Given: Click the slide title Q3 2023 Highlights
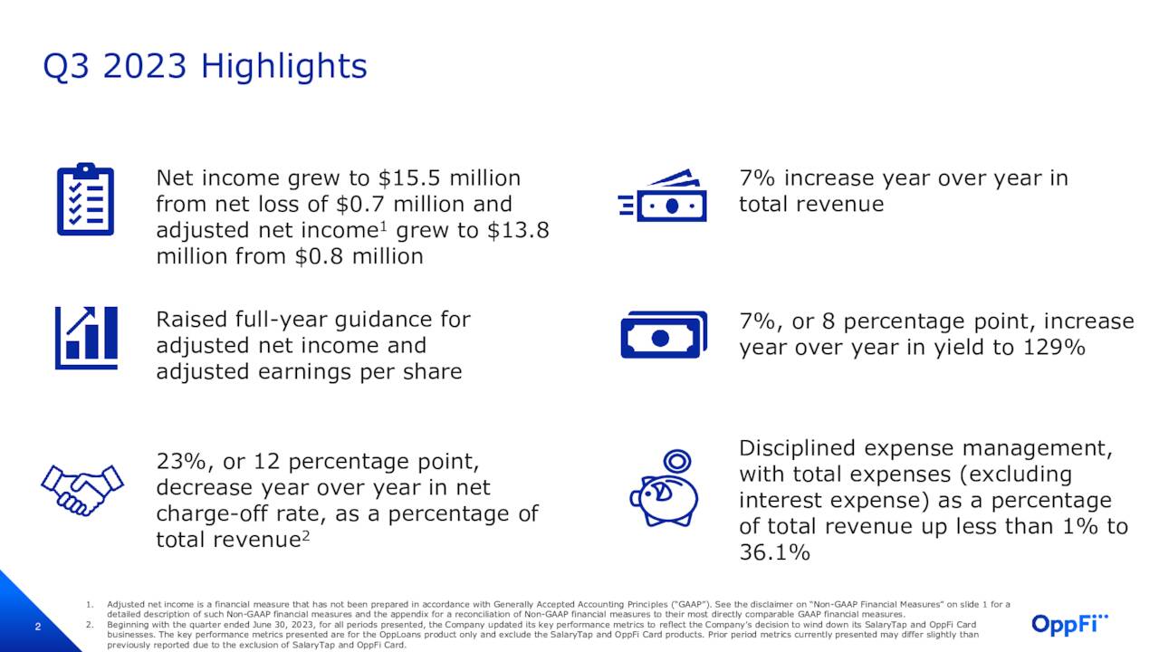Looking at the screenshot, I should [x=205, y=66].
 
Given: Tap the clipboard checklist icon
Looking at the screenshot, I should [x=85, y=199].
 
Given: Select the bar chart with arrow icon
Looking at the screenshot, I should [x=86, y=337].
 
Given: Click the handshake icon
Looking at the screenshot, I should [x=81, y=489].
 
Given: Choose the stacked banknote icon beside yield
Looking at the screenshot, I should [x=663, y=335].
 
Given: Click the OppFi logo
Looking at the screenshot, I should [x=1069, y=624].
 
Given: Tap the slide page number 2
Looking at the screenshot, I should [x=38, y=627].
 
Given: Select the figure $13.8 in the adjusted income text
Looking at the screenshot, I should [x=518, y=230].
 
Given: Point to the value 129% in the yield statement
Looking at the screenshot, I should [x=1053, y=347].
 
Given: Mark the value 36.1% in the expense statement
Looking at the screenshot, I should [x=774, y=552].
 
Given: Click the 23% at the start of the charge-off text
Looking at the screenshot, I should [x=180, y=462].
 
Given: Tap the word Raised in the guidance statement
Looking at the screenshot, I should [x=191, y=320].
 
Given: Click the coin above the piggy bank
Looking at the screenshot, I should [x=675, y=460].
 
